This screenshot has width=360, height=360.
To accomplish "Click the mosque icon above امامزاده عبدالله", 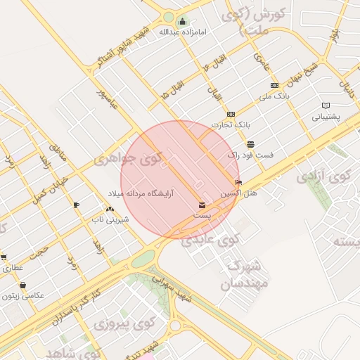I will (183, 22).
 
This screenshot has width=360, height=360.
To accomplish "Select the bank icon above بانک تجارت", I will (231, 114).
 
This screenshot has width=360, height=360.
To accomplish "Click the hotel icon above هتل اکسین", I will (238, 182).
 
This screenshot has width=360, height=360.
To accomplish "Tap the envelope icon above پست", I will (202, 205).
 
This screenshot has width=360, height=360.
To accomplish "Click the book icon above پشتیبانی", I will (326, 105).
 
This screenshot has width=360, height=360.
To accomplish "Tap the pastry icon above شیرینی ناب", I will (109, 210).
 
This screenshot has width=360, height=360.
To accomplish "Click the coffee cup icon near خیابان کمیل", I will (76, 205).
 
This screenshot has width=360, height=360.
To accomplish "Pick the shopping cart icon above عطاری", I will (4, 257).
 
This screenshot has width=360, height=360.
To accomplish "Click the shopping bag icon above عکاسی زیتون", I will (24, 285).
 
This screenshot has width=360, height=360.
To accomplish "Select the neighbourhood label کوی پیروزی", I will (124, 325).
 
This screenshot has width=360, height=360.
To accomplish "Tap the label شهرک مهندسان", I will (240, 275).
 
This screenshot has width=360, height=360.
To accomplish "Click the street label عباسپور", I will (109, 103).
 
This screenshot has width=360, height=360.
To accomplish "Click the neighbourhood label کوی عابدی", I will (211, 240).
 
